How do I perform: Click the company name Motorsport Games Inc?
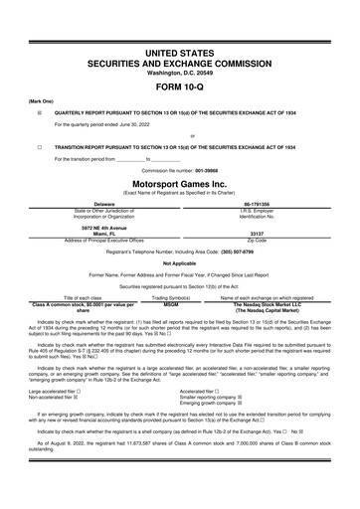click(x=179, y=184)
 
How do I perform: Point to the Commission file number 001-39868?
click(x=179, y=170)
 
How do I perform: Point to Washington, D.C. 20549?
click(x=179, y=71)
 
